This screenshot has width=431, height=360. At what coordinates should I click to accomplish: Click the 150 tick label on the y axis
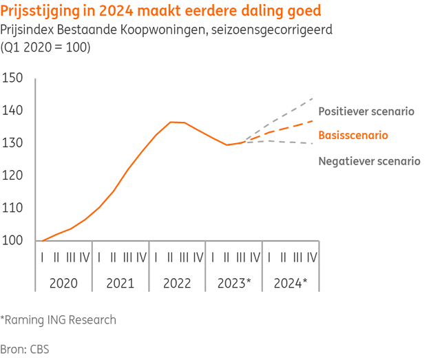[14, 78]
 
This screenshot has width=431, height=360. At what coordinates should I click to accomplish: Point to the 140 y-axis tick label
[14, 111]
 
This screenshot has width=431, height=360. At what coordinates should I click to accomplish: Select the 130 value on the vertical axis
[14, 143]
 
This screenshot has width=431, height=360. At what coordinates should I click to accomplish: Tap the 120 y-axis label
[14, 176]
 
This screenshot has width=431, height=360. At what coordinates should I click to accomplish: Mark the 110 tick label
[14, 208]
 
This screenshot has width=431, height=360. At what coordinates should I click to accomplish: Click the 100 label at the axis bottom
[14, 241]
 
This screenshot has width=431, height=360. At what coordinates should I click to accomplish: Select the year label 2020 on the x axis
[63, 282]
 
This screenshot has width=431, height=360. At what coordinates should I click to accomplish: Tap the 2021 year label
[120, 282]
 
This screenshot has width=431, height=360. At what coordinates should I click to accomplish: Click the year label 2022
[177, 282]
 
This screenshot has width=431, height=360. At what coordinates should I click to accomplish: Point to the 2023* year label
[234, 282]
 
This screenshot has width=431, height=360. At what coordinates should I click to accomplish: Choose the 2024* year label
[291, 282]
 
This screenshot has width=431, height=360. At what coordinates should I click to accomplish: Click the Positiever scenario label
[366, 111]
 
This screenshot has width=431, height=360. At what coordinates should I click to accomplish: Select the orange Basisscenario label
[353, 136]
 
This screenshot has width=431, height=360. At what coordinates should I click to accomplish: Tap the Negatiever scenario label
[369, 161]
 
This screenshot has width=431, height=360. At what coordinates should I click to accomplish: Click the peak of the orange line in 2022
[171, 122]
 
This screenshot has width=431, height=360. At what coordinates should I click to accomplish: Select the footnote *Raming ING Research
[59, 320]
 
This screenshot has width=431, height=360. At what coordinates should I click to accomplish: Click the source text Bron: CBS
[25, 348]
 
